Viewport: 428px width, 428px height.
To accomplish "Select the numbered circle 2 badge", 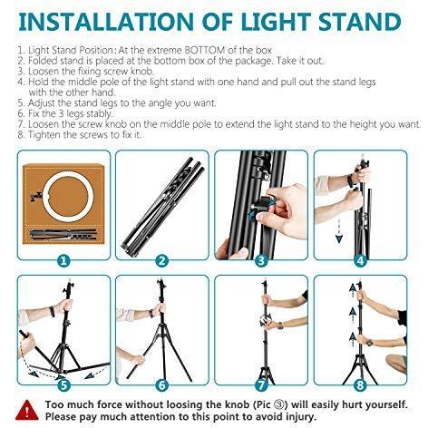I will pyautogui.click(x=162, y=260).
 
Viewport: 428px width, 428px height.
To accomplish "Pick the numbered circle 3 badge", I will pyautogui.click(x=260, y=260).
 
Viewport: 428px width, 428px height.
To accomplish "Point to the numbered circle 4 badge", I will pyautogui.click(x=360, y=260).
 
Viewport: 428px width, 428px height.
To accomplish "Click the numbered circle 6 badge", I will pyautogui.click(x=162, y=384).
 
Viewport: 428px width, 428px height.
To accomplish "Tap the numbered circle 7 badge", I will pyautogui.click(x=260, y=384).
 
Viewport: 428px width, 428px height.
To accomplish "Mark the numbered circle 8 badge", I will pyautogui.click(x=360, y=384).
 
